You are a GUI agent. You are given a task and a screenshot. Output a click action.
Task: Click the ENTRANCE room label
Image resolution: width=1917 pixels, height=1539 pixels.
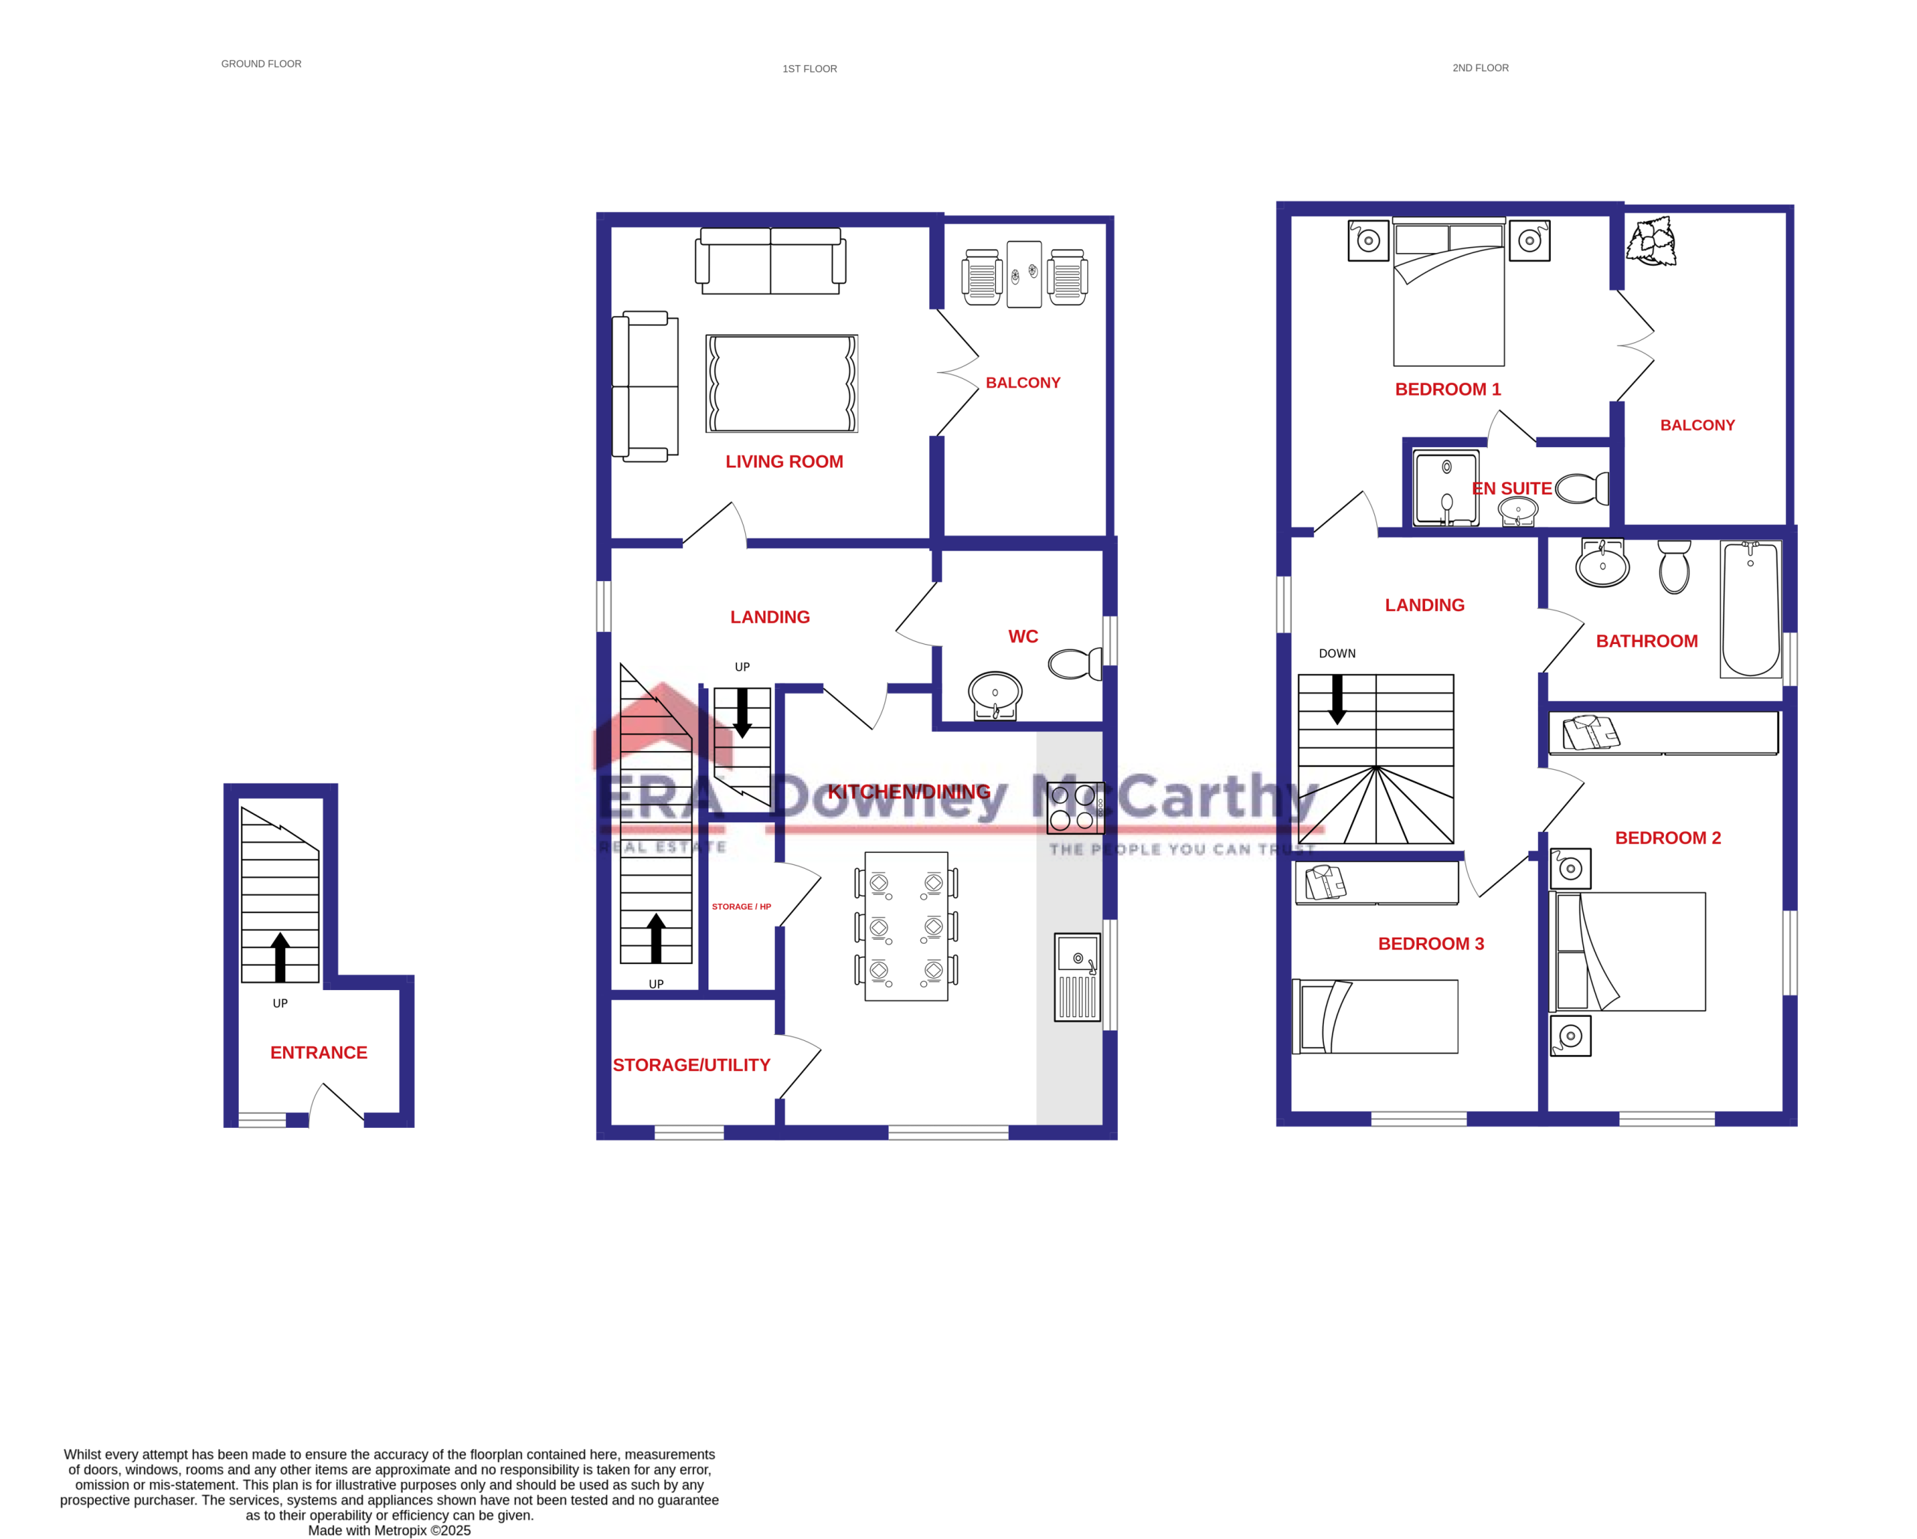point(318,1053)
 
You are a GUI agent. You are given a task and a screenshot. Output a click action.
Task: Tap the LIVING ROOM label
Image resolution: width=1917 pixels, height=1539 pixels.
point(783,461)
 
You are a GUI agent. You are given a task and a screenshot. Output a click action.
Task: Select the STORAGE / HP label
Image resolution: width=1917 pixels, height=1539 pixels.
point(741,907)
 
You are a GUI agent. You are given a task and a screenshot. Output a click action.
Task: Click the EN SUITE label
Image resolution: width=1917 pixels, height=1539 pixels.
point(1512,488)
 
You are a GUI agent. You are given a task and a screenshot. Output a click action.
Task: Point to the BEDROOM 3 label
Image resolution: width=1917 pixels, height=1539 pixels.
point(1431,944)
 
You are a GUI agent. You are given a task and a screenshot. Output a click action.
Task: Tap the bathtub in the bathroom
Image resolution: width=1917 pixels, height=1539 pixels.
point(1750,609)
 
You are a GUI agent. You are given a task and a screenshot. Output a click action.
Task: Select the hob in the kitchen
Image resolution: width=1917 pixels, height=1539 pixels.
point(1075,807)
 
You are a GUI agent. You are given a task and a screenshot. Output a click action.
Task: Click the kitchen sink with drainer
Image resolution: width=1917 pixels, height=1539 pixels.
point(1077,977)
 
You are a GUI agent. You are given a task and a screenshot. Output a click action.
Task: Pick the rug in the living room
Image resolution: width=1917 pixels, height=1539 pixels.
point(782,383)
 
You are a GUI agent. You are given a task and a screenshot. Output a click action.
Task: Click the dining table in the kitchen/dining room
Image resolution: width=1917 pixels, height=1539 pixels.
point(906,926)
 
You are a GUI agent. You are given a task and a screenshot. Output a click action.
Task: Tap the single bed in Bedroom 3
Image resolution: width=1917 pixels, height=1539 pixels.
point(1375,1016)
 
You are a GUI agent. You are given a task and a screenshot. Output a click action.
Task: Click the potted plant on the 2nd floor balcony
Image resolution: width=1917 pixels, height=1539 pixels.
point(1651,241)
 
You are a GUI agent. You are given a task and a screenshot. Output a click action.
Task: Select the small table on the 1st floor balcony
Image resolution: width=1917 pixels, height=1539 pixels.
point(1024,274)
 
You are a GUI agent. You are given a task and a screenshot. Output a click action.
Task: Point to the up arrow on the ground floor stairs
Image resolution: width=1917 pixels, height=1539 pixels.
point(280,956)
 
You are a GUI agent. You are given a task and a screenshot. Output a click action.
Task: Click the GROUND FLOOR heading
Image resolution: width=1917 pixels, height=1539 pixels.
point(261,64)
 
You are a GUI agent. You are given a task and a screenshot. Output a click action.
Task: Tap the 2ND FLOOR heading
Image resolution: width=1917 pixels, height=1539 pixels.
point(1480,67)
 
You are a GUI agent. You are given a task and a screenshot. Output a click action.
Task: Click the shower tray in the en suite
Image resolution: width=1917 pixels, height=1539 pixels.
point(1446,488)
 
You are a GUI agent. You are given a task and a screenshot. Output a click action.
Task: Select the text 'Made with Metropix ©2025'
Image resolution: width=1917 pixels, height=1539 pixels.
point(389,1530)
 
